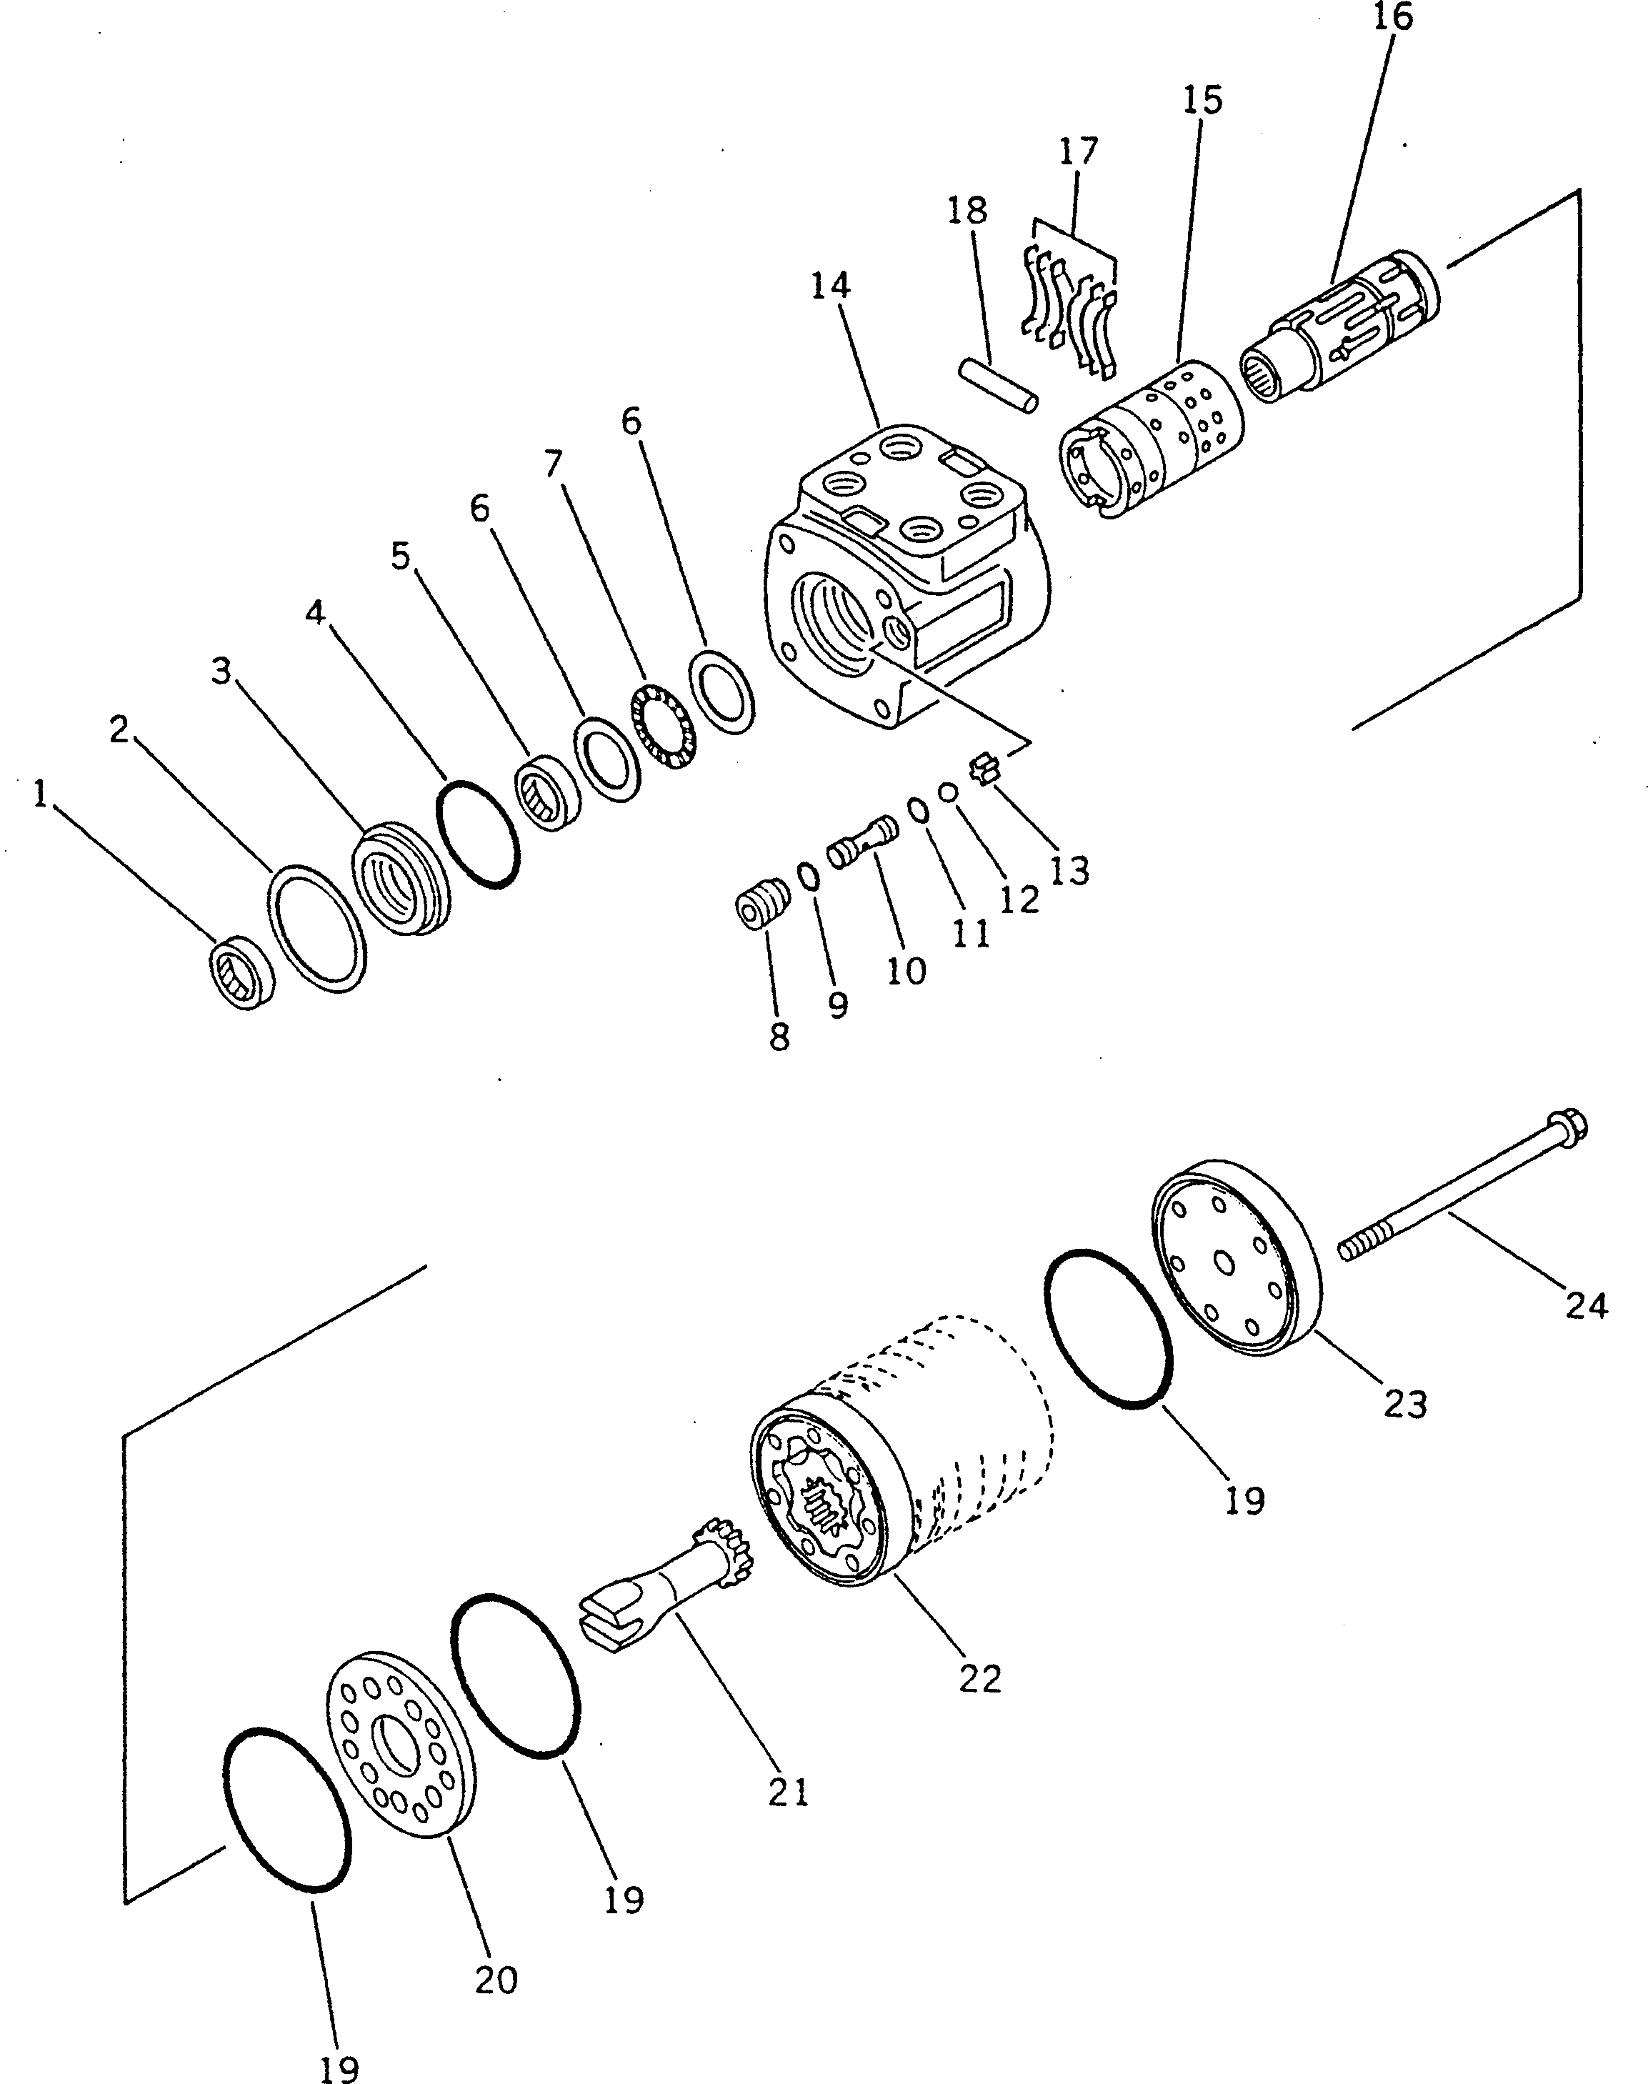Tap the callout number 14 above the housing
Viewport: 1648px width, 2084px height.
(831, 286)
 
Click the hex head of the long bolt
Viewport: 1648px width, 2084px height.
(1568, 1125)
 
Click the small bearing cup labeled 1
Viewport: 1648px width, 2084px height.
(242, 972)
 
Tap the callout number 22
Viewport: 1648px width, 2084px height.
(980, 1679)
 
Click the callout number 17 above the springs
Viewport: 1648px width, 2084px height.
(1078, 151)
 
